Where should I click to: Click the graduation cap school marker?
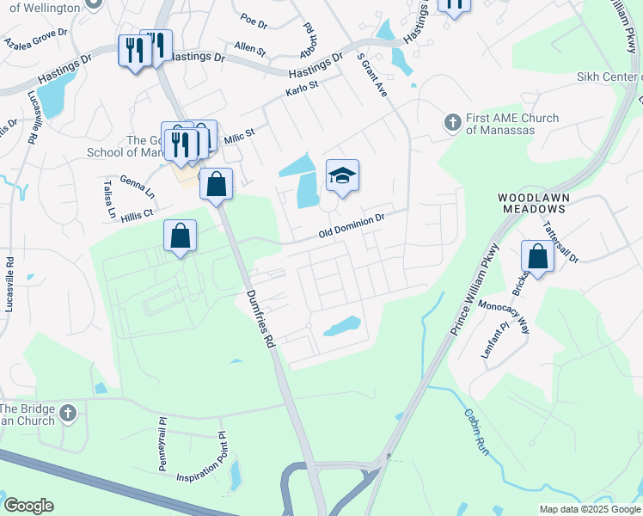pyautogui.click(x=342, y=176)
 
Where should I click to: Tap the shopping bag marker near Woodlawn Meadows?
pyautogui.click(x=537, y=256)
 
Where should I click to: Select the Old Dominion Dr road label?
pyautogui.click(x=350, y=227)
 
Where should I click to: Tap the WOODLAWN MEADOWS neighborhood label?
pyautogui.click(x=534, y=204)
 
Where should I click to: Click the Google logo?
pyautogui.click(x=28, y=506)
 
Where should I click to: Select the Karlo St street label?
pyautogui.click(x=302, y=89)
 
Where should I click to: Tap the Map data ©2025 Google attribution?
pyautogui.click(x=589, y=509)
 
